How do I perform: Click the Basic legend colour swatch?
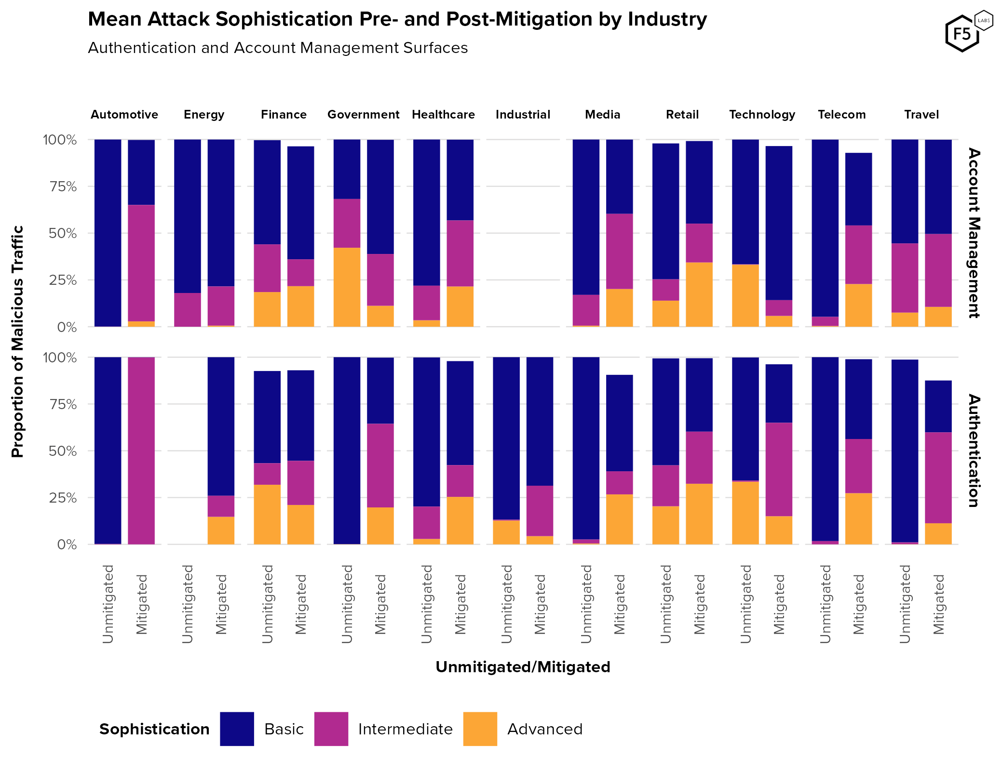coord(237,729)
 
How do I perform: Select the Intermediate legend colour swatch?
coord(331,729)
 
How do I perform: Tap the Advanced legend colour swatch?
coord(480,729)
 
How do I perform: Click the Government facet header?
coord(363,115)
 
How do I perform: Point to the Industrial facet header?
coord(523,115)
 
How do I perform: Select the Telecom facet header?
coord(841,115)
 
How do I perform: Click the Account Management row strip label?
coord(974,233)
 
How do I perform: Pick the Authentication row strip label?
coord(974,451)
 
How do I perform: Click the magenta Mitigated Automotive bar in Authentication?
coord(141,451)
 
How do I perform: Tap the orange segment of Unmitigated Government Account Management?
coord(347,287)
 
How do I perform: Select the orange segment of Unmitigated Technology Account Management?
coord(745,295)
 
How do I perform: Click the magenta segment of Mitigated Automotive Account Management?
coord(141,263)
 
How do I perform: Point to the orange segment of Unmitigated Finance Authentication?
coord(267,514)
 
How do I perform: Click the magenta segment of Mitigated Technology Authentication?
coord(779,469)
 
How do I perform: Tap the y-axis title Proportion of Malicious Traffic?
coord(17,341)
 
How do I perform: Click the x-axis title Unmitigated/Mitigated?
coord(523,667)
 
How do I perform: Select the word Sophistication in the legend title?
coord(154,729)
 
